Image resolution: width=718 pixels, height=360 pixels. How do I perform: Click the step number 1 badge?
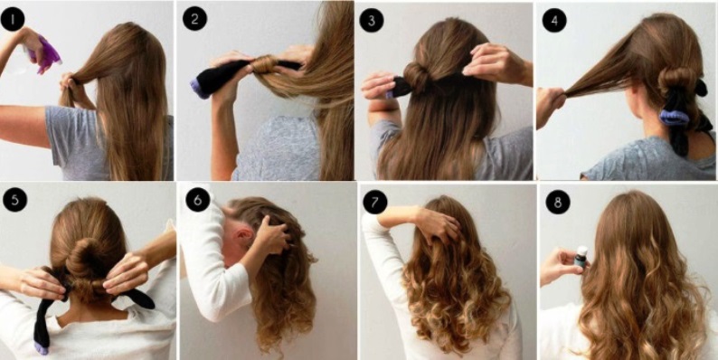point(13,19)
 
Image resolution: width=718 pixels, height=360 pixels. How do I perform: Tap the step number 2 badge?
point(194,19)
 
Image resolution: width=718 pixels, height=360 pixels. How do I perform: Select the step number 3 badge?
point(372,20)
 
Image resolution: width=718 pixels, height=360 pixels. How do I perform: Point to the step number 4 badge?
point(554,20)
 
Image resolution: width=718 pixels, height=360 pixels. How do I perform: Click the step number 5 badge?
point(14,200)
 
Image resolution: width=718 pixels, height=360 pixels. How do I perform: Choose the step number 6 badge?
point(198,200)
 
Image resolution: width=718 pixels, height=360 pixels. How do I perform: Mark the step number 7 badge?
point(375,202)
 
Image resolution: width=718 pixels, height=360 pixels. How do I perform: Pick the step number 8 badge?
point(558,202)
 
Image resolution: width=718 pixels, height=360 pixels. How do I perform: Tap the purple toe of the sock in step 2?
point(199,89)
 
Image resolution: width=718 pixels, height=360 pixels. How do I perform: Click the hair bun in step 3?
point(416,77)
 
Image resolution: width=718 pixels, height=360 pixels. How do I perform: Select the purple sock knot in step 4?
point(674,118)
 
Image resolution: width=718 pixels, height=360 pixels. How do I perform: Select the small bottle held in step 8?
point(581,257)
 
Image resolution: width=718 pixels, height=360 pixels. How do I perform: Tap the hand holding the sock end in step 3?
point(379,86)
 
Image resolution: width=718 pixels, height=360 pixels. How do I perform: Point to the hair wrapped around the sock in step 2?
point(264,65)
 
